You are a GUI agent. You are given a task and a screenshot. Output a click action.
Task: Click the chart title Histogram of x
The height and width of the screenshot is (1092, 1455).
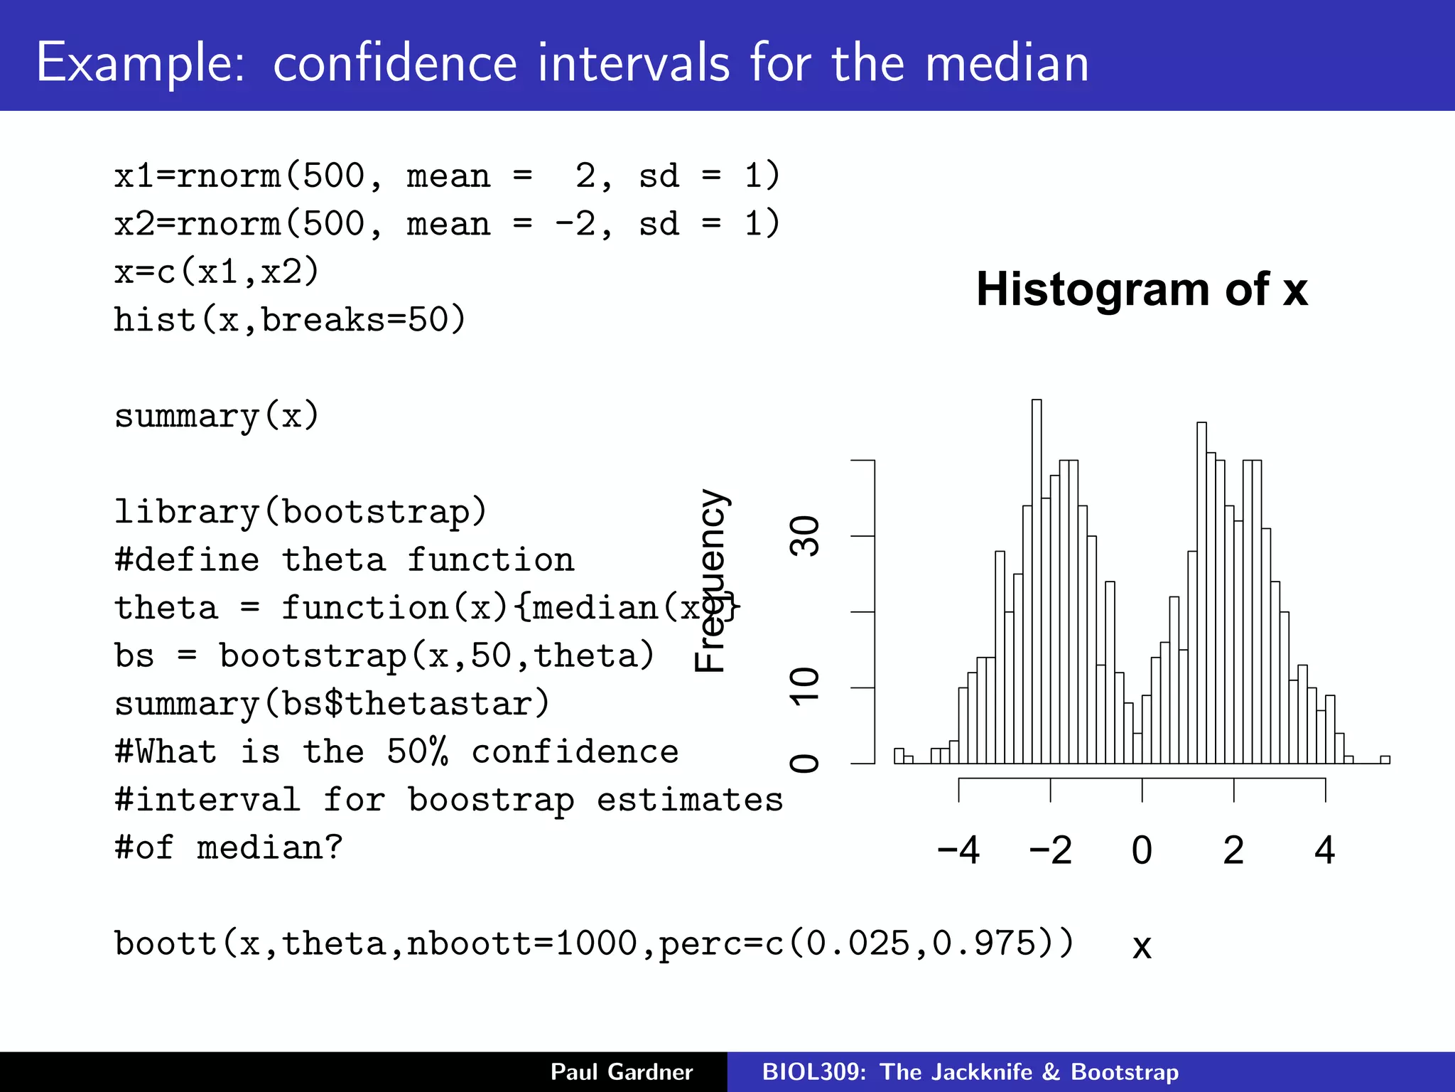tap(1142, 289)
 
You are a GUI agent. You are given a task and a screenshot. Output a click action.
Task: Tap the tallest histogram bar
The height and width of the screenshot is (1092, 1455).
tap(1037, 583)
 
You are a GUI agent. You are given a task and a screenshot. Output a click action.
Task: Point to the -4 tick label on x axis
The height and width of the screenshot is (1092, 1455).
tap(958, 850)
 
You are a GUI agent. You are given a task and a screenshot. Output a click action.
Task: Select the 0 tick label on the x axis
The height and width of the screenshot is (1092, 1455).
tap(1142, 850)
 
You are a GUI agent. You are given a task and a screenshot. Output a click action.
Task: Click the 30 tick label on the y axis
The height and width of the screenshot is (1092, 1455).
tap(805, 536)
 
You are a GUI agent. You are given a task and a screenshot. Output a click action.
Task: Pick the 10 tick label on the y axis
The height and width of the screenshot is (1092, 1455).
tap(805, 687)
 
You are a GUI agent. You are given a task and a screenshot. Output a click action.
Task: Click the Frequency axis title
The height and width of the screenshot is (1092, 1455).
tap(710, 580)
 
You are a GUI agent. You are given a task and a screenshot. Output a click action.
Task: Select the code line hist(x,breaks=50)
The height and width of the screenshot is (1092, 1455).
tap(290, 320)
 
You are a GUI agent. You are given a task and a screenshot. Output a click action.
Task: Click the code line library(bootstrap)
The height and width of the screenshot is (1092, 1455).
tap(301, 512)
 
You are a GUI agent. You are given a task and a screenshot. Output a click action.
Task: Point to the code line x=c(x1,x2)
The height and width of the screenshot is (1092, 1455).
tap(217, 272)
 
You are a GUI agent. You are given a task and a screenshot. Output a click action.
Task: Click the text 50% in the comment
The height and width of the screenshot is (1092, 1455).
tap(418, 751)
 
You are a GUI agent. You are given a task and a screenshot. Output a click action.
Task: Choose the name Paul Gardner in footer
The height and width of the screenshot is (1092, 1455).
tap(622, 1071)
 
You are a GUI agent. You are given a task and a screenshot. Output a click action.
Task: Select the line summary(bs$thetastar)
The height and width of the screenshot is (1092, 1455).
tap(332, 704)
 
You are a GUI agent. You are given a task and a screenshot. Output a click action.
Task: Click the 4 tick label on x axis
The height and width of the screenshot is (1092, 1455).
tap(1325, 850)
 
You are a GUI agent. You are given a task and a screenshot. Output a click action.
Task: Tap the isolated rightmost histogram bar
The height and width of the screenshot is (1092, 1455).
tap(1385, 759)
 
